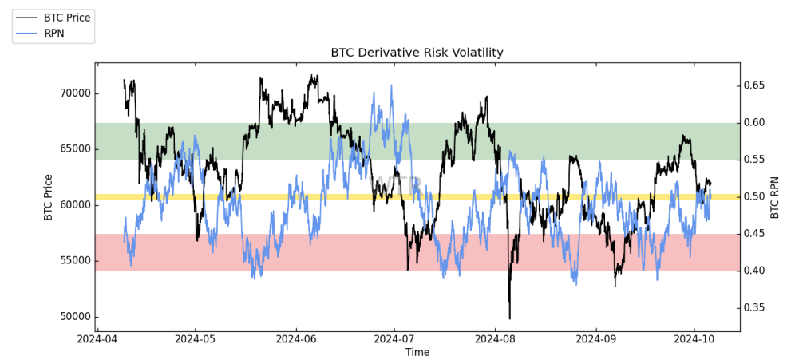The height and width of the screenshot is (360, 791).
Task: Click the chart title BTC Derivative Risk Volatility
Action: pyautogui.click(x=417, y=53)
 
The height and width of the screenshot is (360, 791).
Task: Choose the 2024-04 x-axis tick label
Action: pyautogui.click(x=97, y=338)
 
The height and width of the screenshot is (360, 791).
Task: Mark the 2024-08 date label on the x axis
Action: pyautogui.click(x=495, y=338)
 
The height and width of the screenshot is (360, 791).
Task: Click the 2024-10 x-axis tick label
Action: pyautogui.click(x=694, y=338)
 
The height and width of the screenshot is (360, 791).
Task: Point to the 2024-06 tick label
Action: pyautogui.click(x=296, y=338)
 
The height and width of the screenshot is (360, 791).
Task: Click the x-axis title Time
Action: pyautogui.click(x=417, y=352)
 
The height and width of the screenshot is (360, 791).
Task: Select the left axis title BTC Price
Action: pyautogui.click(x=49, y=196)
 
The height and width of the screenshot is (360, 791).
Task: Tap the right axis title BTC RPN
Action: pyautogui.click(x=774, y=196)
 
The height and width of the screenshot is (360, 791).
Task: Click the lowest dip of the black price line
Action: pyautogui.click(x=509, y=318)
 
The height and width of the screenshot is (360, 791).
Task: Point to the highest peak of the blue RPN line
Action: pyautogui.click(x=391, y=85)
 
